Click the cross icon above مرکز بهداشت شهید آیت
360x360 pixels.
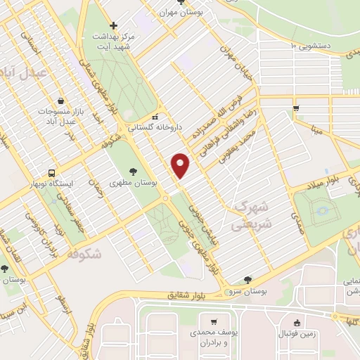114,25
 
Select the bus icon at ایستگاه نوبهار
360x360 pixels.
52,172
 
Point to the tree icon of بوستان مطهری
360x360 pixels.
133,170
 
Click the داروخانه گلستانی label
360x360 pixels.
155,127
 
